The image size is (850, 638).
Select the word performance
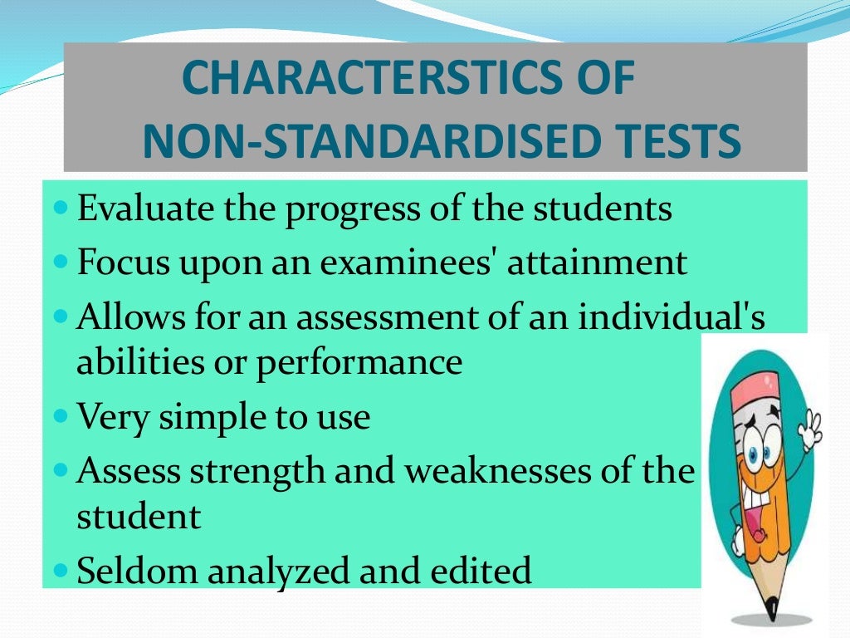tap(359, 363)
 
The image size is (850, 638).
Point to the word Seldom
tap(135, 571)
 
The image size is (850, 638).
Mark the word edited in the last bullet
tap(484, 571)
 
